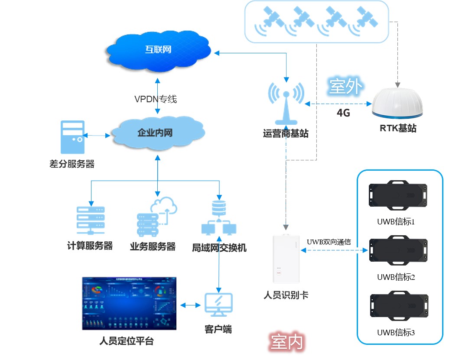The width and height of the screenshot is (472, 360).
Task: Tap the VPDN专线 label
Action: coord(156,99)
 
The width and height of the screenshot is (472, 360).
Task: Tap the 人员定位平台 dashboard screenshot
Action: coord(129,303)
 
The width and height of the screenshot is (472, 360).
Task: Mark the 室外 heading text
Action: coord(345,87)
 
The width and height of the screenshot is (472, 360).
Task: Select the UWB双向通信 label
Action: coord(329,241)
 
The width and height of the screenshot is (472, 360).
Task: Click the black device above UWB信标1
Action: coord(398,196)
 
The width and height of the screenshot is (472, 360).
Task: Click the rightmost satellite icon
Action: coord(364,21)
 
